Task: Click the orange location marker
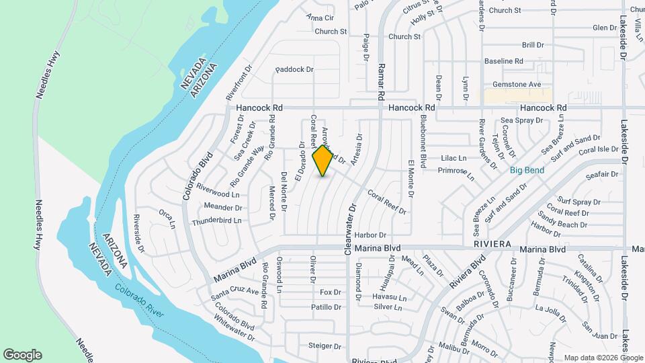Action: (x=323, y=160)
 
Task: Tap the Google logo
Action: (x=23, y=355)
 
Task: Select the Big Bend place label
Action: (x=527, y=170)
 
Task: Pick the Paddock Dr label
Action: (x=295, y=69)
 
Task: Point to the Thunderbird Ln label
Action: (x=216, y=220)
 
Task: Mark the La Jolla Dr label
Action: (x=552, y=309)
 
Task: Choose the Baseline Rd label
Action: (x=504, y=61)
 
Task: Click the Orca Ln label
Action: (x=166, y=218)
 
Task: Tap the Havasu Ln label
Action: (x=390, y=297)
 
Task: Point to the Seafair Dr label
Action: (x=601, y=175)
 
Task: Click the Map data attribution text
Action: (x=603, y=358)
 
